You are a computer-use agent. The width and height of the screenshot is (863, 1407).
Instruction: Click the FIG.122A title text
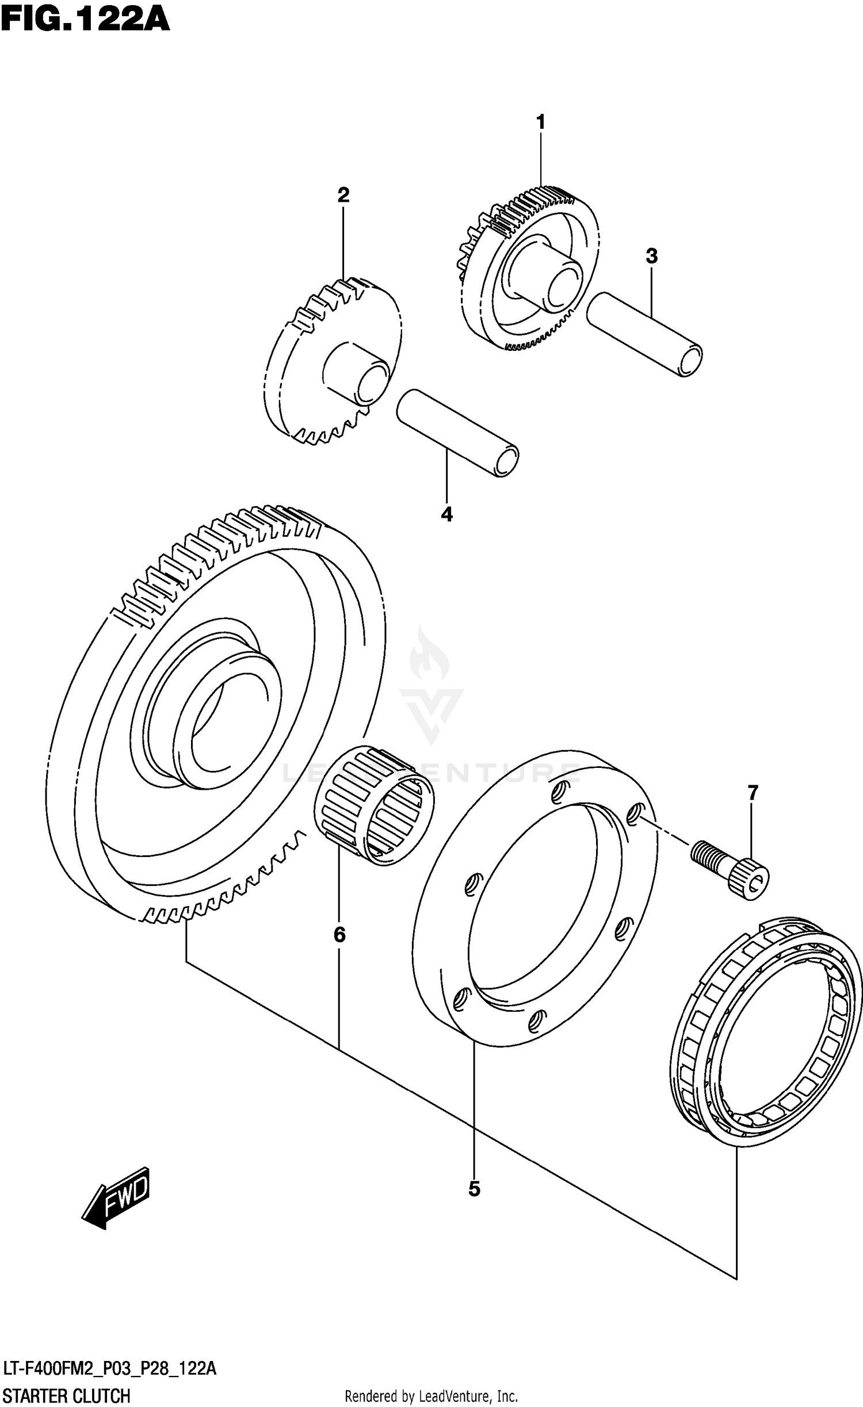coord(85,20)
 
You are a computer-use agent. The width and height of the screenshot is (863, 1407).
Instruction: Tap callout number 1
coord(540,123)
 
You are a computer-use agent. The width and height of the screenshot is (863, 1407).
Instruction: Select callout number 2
coord(343,196)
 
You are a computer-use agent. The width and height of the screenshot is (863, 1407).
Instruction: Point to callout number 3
coord(651,256)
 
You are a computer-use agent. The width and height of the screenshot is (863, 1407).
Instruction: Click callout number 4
coord(446,514)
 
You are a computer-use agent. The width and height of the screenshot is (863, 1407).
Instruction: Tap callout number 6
coord(339,935)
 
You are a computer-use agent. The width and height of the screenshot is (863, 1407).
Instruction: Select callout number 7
coord(753,793)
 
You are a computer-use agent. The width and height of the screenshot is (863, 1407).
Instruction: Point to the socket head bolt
coord(730,870)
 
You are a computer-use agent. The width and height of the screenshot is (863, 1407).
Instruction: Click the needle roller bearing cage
coord(375,804)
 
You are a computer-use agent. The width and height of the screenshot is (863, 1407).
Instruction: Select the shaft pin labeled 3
coord(644,334)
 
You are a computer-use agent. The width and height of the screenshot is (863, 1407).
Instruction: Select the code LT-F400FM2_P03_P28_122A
coord(109,1368)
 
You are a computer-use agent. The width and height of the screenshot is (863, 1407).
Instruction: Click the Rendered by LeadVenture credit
coord(431,1395)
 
